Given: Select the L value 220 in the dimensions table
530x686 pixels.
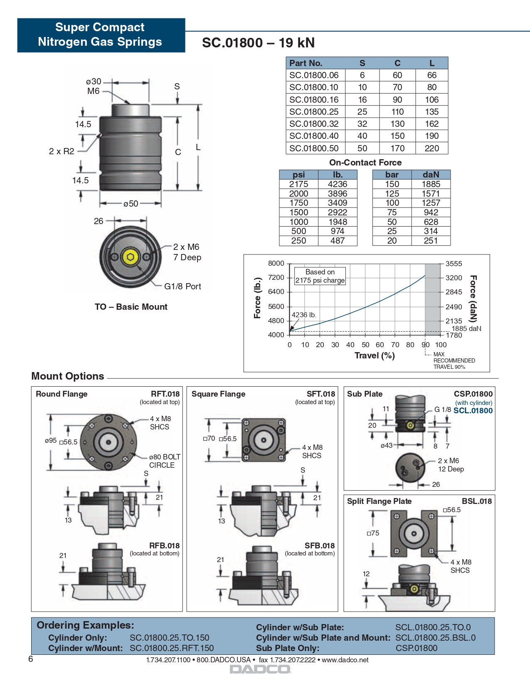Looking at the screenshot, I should point(431,148).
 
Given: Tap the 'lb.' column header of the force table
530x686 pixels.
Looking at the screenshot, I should point(338,175).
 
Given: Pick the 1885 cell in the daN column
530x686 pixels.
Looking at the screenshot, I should point(431,184).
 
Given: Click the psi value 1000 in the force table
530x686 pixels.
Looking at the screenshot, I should point(298,222).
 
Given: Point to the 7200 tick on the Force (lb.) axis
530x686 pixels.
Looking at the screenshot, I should point(276,278).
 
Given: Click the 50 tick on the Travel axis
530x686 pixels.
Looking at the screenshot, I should point(365,345).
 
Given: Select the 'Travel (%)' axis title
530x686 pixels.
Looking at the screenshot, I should point(375,355).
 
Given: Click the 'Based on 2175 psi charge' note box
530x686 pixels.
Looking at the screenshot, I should point(320,276).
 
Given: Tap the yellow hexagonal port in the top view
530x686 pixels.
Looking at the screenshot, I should point(131,257).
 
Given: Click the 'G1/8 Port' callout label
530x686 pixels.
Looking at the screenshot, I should point(182,286).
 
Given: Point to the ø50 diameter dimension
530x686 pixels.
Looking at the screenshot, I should point(131,204).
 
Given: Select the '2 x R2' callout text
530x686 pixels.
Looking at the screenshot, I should point(62,151).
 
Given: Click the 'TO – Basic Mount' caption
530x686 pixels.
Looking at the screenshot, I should point(131,307).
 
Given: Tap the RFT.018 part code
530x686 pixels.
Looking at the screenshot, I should point(165,394).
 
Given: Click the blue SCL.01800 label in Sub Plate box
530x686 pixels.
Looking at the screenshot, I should point(473,411).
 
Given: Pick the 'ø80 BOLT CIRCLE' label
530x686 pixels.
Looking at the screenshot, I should point(165,461).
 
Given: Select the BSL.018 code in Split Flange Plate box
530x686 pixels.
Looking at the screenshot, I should point(477,501).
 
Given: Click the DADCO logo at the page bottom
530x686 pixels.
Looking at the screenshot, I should point(261,669).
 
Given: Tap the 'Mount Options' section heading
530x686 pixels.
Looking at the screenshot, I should point(68,376).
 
